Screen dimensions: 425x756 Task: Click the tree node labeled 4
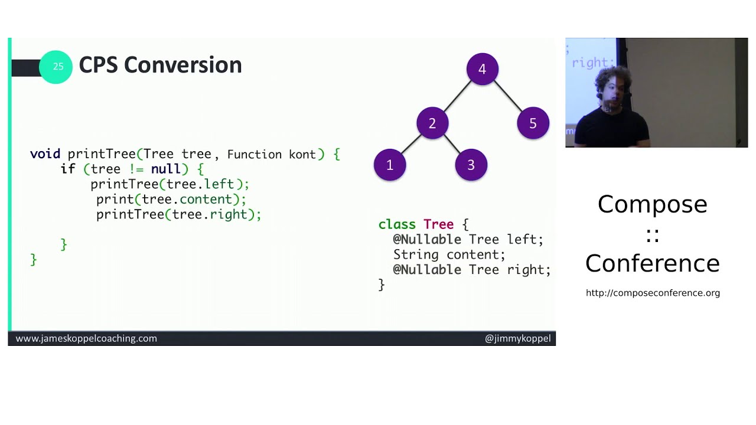click(x=482, y=69)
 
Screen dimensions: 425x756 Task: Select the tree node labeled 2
click(x=432, y=123)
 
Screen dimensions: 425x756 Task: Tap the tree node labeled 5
click(x=533, y=123)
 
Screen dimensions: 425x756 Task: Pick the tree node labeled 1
click(x=390, y=165)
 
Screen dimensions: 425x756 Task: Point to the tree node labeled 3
click(x=471, y=165)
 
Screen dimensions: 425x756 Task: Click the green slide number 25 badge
click(x=56, y=67)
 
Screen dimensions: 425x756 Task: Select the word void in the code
click(x=45, y=154)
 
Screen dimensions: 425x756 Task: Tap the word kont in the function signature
click(x=302, y=155)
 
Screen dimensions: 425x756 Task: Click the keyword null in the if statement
click(x=166, y=169)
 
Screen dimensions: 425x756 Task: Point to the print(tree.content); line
click(x=171, y=200)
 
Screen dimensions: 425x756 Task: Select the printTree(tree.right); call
click(x=178, y=214)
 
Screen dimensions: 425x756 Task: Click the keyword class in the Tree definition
click(x=397, y=224)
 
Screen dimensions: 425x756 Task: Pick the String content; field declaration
click(x=449, y=254)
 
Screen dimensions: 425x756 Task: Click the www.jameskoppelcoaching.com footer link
click(x=86, y=338)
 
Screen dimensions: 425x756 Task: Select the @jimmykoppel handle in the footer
click(x=517, y=338)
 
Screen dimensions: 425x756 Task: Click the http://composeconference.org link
click(x=653, y=293)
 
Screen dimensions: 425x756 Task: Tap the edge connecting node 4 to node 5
click(x=508, y=96)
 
